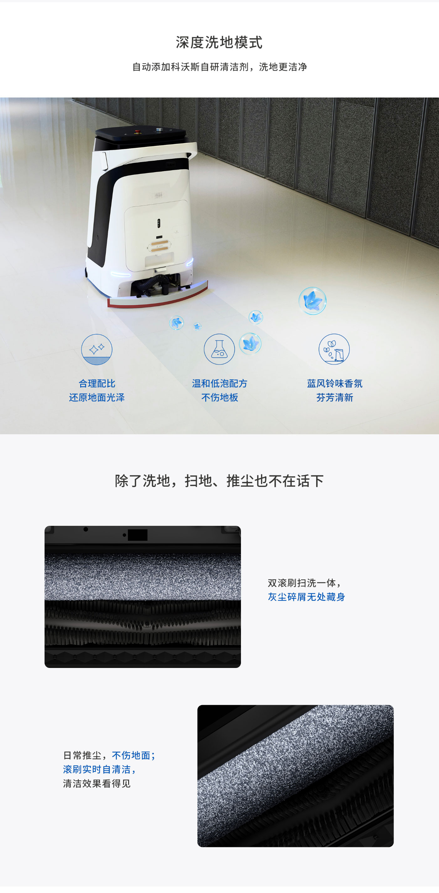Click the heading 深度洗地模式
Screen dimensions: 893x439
tap(219, 43)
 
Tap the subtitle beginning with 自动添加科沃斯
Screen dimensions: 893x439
tap(219, 67)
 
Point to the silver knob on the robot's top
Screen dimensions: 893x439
tap(159, 130)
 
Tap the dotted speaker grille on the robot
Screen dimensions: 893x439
tap(158, 195)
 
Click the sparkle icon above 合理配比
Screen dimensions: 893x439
tap(97, 349)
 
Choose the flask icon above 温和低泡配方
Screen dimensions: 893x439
tap(219, 349)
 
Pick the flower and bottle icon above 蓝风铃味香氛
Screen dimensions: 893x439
tap(334, 349)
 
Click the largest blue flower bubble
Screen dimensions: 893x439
tap(312, 301)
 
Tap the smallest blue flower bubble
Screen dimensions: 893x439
tap(197, 326)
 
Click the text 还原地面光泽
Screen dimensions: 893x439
tap(97, 397)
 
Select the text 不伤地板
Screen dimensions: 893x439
tap(219, 397)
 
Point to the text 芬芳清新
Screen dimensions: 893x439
tap(334, 397)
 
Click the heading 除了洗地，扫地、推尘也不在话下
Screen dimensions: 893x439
tap(219, 481)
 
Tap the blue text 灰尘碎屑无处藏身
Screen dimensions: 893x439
tap(306, 597)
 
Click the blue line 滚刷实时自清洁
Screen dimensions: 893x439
tap(99, 769)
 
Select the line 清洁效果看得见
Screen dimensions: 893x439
tap(97, 784)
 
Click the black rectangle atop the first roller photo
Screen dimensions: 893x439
tap(138, 535)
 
